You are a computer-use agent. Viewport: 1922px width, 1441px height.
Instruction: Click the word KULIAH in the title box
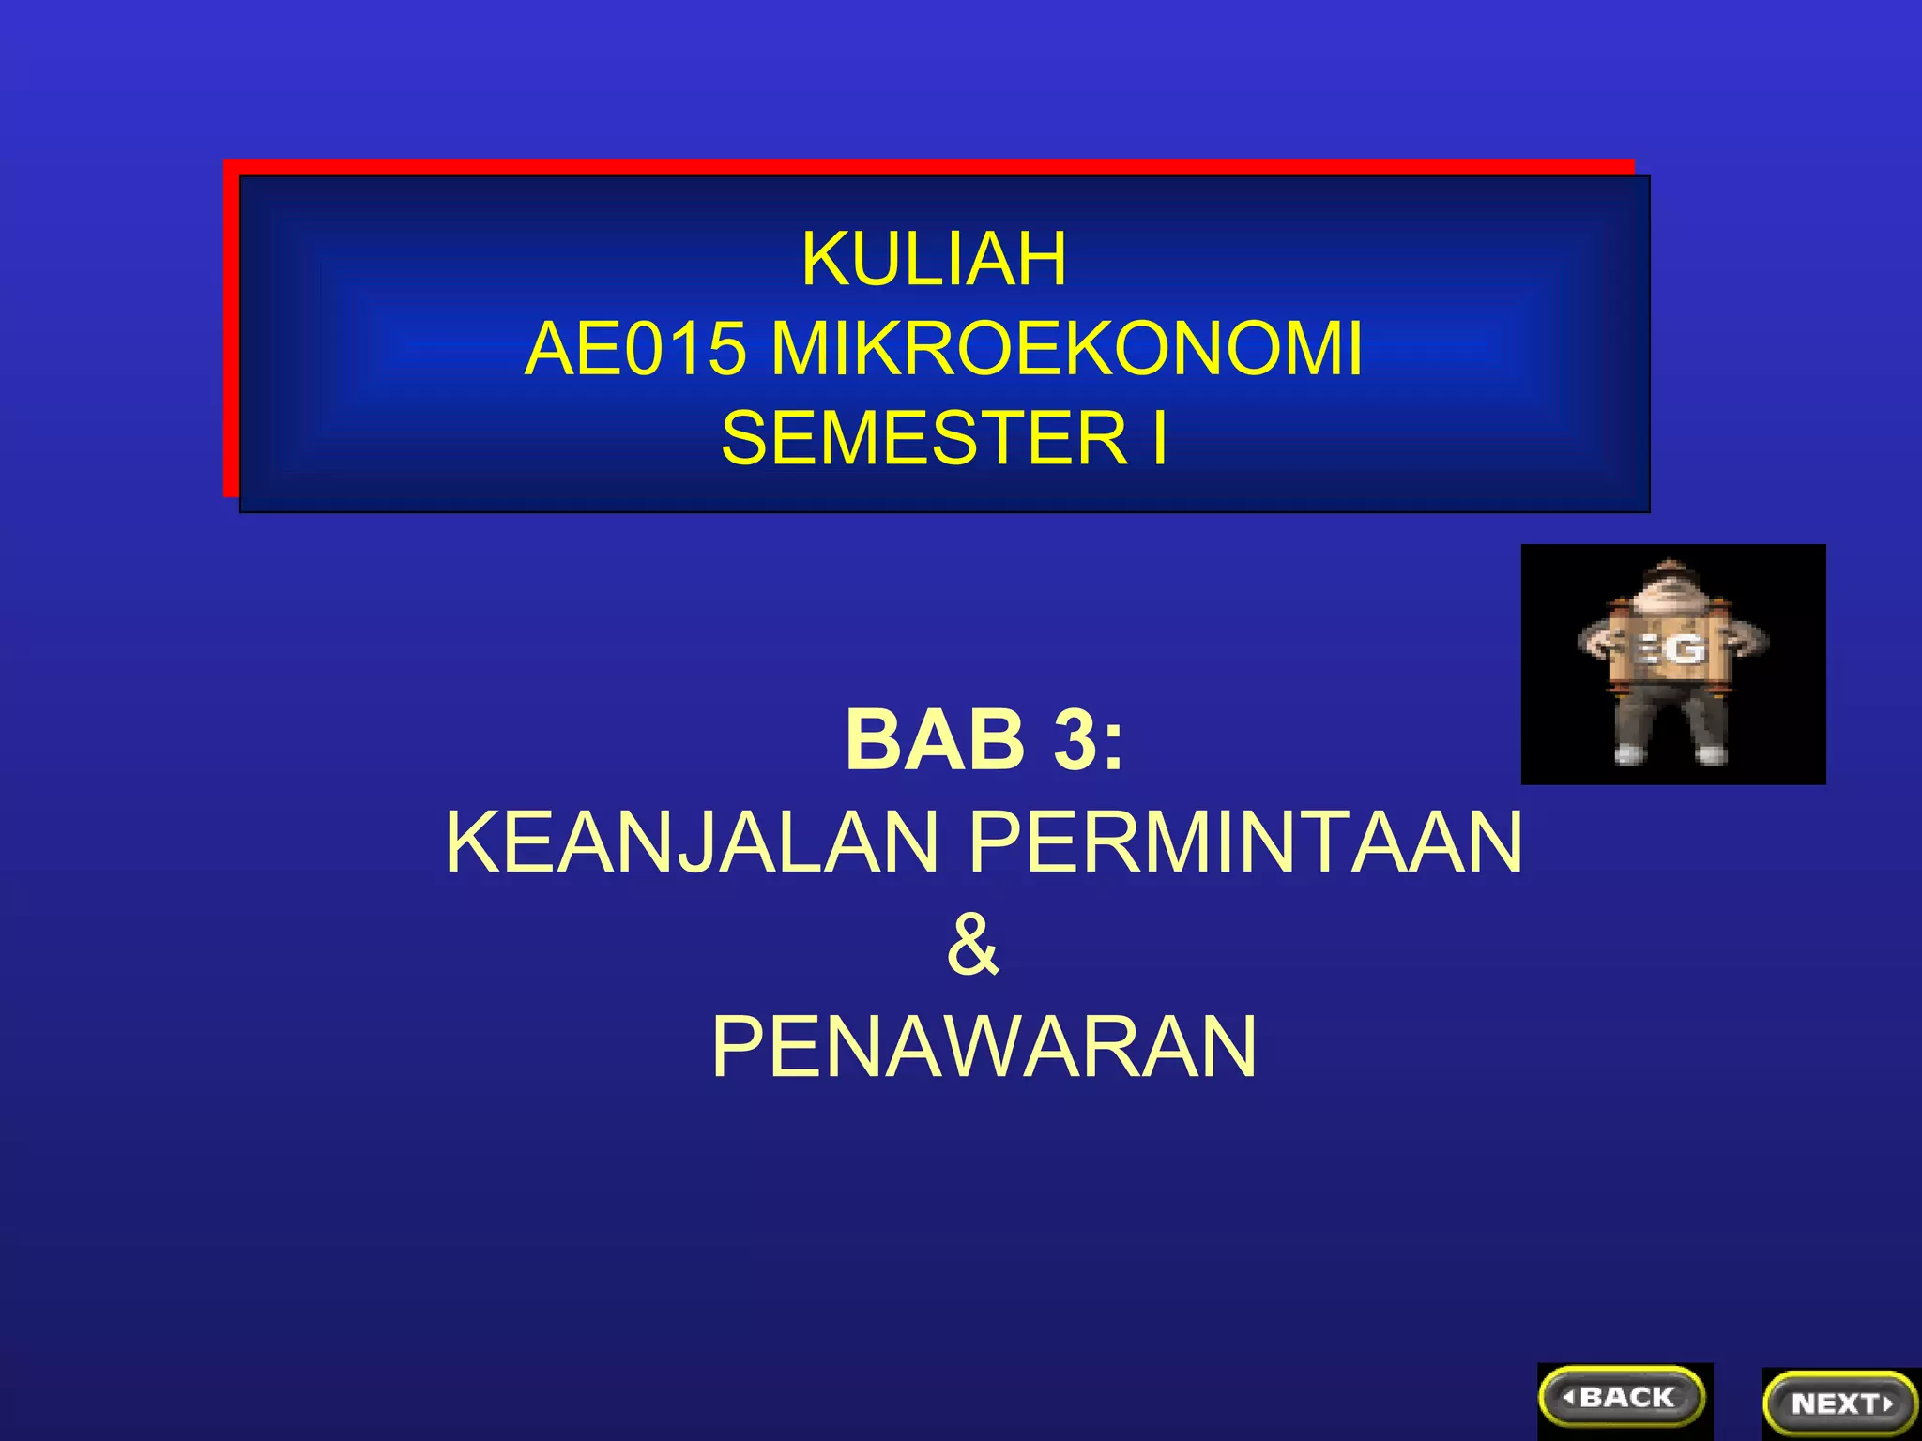click(x=934, y=259)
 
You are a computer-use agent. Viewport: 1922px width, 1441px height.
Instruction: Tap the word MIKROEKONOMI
click(x=1065, y=350)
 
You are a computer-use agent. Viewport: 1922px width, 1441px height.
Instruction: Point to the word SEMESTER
click(x=923, y=438)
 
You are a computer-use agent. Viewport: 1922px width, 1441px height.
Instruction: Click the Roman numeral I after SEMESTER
click(x=1160, y=438)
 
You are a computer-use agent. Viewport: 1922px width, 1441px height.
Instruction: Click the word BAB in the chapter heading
click(x=935, y=740)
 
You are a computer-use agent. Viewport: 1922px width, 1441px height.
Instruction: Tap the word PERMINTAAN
click(x=1244, y=842)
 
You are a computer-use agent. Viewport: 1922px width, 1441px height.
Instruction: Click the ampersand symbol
click(x=972, y=945)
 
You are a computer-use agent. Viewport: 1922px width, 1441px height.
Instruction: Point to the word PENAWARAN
click(x=984, y=1047)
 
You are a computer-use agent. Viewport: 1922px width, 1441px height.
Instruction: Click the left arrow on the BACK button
click(x=1568, y=1398)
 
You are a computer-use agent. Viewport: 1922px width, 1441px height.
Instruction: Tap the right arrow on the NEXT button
click(x=1888, y=1404)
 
